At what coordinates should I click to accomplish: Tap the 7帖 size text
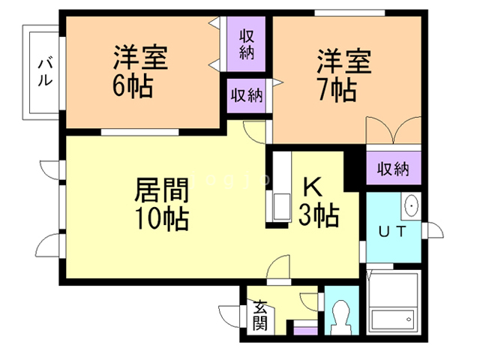click(334, 89)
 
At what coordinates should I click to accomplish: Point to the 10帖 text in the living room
click(161, 219)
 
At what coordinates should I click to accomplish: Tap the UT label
click(391, 232)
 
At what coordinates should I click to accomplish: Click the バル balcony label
click(44, 73)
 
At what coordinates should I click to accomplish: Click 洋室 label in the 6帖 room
click(140, 58)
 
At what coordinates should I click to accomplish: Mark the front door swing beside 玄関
click(232, 313)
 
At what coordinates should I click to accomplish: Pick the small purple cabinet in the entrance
click(304, 328)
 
